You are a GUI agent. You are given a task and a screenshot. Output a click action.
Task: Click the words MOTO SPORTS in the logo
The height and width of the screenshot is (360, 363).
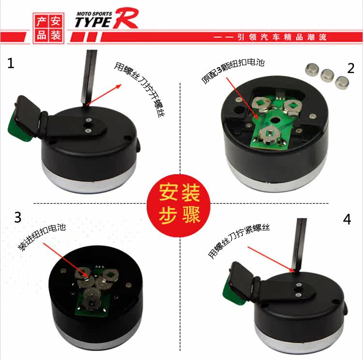tap(94, 14)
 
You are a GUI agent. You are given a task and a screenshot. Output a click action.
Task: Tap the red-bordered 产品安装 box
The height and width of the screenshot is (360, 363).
tap(48, 28)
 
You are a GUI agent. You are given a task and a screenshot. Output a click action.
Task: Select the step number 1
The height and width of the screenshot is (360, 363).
tap(11, 63)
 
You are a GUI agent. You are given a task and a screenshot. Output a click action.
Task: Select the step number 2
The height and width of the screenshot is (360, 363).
tap(351, 68)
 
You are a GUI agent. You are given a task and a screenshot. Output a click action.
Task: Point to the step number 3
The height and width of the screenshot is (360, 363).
tap(18, 217)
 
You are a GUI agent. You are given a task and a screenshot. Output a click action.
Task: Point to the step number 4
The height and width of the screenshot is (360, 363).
tap(347, 219)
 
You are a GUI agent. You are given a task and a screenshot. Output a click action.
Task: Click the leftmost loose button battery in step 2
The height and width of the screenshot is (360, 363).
tap(312, 70)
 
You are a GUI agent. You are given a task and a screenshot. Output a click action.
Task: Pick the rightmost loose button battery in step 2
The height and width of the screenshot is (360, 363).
tap(342, 83)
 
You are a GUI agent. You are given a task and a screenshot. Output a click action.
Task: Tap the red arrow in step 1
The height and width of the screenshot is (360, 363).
tap(104, 95)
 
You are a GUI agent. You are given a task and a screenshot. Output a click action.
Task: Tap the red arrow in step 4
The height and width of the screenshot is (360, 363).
tap(271, 259)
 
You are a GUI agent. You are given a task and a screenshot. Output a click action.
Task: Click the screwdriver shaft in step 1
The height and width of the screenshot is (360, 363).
tap(89, 77)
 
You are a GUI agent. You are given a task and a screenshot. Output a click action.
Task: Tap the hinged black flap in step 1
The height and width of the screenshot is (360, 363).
tap(30, 118)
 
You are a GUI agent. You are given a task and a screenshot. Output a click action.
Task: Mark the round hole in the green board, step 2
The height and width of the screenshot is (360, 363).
tap(274, 120)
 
